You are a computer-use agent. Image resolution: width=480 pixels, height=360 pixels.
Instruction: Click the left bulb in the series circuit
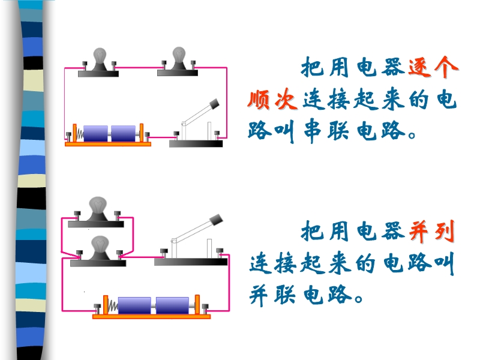click(99, 56)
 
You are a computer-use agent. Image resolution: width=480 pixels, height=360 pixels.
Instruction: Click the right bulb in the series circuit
click(179, 55)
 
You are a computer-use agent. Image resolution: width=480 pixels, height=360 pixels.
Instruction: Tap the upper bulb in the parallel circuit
click(98, 205)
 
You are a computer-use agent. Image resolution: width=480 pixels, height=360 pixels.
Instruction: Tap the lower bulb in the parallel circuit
click(100, 244)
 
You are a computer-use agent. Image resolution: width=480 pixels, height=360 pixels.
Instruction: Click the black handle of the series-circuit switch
click(214, 103)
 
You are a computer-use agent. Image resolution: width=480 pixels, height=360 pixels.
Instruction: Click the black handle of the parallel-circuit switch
click(217, 220)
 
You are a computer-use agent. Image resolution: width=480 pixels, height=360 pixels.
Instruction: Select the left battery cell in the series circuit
click(95, 133)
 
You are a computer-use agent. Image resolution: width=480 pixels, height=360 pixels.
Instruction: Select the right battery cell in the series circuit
click(123, 133)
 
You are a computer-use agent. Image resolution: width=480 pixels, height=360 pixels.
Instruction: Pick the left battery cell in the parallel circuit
click(134, 305)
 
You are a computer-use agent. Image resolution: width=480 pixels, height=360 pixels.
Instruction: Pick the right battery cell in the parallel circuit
click(172, 305)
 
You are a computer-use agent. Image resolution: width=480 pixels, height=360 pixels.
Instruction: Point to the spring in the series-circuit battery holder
click(80, 134)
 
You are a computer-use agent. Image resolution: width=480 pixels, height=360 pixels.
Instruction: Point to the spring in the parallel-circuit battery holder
click(113, 305)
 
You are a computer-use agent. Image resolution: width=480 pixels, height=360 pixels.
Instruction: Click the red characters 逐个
click(433, 67)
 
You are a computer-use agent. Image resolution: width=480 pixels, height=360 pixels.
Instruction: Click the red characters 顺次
click(272, 100)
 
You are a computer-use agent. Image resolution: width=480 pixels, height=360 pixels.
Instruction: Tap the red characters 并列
click(431, 232)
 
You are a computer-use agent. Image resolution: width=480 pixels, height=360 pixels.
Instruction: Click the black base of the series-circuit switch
click(196, 143)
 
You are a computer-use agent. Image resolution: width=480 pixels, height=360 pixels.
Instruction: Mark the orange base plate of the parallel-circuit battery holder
click(151, 317)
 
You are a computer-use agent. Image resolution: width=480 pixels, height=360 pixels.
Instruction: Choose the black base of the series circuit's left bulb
click(98, 73)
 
